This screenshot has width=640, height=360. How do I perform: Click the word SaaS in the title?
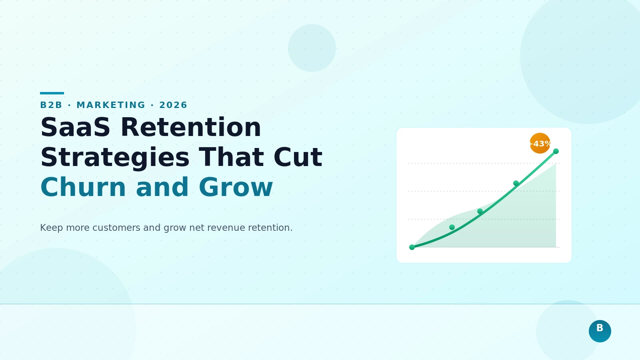pyautogui.click(x=75, y=128)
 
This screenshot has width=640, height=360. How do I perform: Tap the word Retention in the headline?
pyautogui.click(x=191, y=128)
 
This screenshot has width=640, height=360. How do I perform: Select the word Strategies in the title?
pyautogui.click(x=115, y=157)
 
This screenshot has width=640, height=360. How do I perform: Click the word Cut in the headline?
pyautogui.click(x=298, y=157)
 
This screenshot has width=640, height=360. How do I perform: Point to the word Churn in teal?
pyautogui.click(x=83, y=187)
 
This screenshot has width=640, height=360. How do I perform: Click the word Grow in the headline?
pyautogui.click(x=236, y=187)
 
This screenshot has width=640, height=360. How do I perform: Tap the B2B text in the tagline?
pyautogui.click(x=51, y=105)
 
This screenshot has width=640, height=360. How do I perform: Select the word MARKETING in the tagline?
pyautogui.click(x=111, y=105)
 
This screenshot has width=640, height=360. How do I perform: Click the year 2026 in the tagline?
pyautogui.click(x=173, y=105)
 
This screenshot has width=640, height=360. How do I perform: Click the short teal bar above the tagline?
pyautogui.click(x=52, y=93)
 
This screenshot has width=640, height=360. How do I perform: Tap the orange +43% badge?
pyautogui.click(x=540, y=143)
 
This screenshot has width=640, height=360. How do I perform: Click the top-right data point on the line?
pyautogui.click(x=556, y=151)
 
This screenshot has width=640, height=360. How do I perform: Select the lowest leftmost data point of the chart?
pyautogui.click(x=412, y=247)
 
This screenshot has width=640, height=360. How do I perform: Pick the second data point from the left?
pyautogui.click(x=452, y=227)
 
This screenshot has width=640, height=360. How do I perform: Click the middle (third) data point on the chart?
pyautogui.click(x=480, y=211)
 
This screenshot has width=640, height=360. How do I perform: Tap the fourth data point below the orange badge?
pyautogui.click(x=516, y=183)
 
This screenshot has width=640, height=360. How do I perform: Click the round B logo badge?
pyautogui.click(x=600, y=331)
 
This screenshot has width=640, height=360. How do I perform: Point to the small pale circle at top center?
pyautogui.click(x=312, y=48)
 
